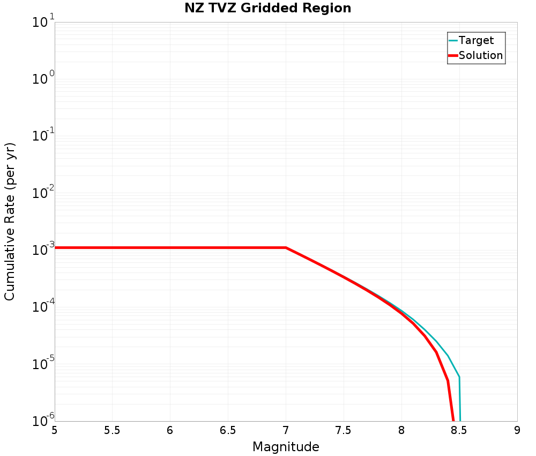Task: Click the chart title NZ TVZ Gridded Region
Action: (x=267, y=9)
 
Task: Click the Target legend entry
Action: (x=476, y=40)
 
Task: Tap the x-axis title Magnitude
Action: (x=286, y=447)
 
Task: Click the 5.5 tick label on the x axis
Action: (x=112, y=430)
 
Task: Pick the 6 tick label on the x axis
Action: (x=170, y=430)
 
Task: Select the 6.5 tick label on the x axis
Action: (x=228, y=430)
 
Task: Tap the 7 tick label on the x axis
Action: (x=286, y=430)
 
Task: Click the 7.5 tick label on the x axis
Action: (x=344, y=430)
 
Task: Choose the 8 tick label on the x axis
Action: (x=401, y=430)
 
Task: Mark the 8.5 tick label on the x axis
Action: (x=459, y=430)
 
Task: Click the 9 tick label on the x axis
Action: (x=517, y=430)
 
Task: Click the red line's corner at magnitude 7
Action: (x=286, y=248)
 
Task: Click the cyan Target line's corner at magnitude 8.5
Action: (x=459, y=377)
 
